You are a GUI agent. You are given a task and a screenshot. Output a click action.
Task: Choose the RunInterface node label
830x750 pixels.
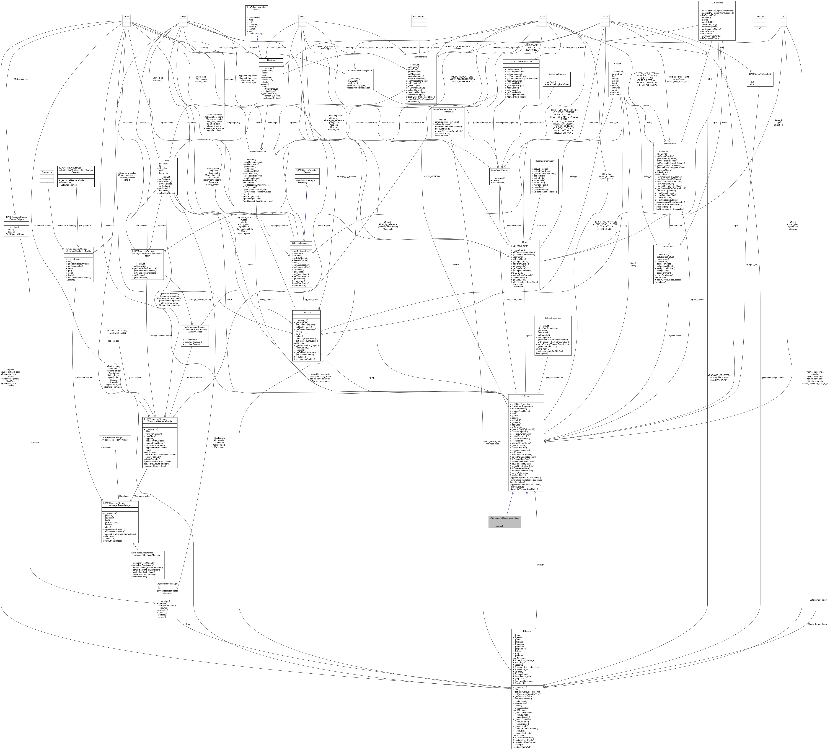(x=419, y=16)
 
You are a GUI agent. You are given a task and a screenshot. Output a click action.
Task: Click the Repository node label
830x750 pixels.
(x=47, y=172)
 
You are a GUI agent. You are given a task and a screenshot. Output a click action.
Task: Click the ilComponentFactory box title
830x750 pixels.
(x=556, y=74)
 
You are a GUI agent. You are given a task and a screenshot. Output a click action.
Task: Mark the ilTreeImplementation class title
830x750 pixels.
(x=544, y=161)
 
